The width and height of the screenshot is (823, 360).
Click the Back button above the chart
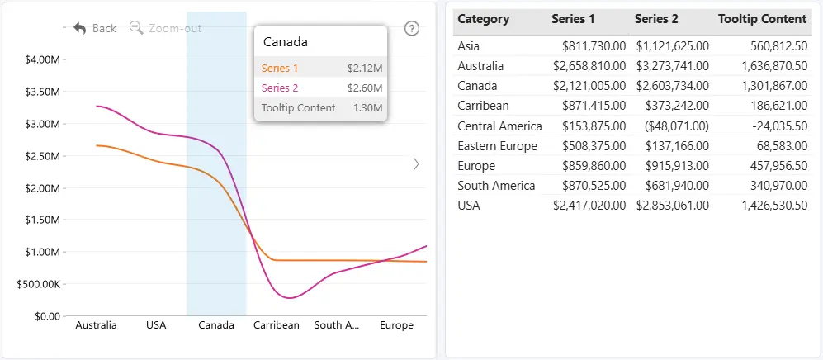[x=95, y=28]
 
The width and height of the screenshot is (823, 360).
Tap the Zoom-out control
[x=165, y=28]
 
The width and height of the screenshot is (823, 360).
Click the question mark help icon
[x=412, y=28]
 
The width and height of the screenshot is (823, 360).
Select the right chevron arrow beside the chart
[x=416, y=164]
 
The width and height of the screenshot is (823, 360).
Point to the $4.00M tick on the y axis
[x=42, y=59]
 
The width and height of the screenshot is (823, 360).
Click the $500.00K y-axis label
[x=38, y=284]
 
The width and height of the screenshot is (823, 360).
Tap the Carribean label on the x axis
[x=276, y=325]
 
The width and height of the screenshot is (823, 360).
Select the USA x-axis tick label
[x=156, y=325]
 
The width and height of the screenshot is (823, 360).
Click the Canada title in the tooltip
[x=285, y=42]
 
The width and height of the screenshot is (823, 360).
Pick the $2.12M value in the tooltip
[x=365, y=69]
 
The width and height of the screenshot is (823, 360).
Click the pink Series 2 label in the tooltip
[x=280, y=88]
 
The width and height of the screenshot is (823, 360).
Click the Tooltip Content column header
[x=762, y=20]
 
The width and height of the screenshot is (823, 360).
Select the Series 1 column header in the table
[x=573, y=20]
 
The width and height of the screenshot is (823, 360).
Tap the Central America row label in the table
[x=499, y=126]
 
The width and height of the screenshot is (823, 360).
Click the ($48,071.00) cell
[x=673, y=126]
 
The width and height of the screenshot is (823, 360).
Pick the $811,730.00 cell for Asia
[x=594, y=46]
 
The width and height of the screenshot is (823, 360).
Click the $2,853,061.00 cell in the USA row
[x=673, y=206]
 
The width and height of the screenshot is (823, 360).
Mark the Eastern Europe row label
[x=498, y=146]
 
